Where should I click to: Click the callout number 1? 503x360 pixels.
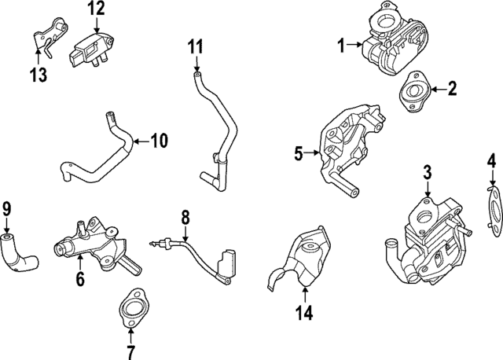click(342, 46)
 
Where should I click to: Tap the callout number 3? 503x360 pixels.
click(428, 171)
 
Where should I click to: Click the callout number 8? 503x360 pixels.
click(185, 216)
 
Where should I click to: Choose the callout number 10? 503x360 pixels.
click(159, 141)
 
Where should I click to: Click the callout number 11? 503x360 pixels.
click(195, 46)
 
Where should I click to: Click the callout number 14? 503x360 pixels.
click(304, 314)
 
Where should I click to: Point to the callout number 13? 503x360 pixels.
click(37, 75)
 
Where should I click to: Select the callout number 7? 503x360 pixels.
click(131, 351)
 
